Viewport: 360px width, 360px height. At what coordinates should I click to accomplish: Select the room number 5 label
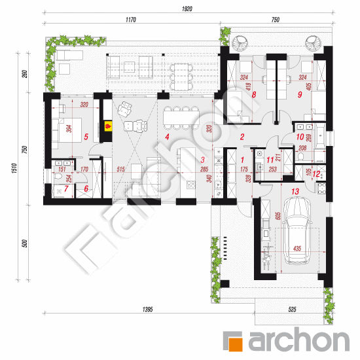tap(86, 137)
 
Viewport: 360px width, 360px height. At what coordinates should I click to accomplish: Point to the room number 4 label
tap(167, 137)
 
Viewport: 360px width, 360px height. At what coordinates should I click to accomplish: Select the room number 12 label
tap(316, 174)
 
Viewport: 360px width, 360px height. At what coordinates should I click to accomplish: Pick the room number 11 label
tap(270, 160)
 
